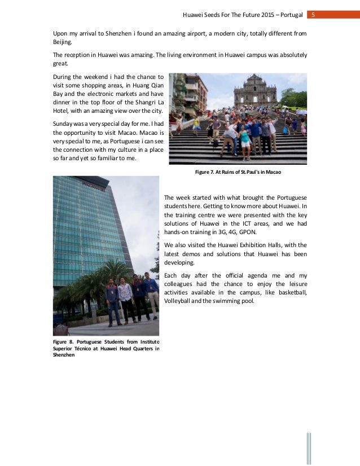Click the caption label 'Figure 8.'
tap(64, 342)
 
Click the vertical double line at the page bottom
tap(309, 449)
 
